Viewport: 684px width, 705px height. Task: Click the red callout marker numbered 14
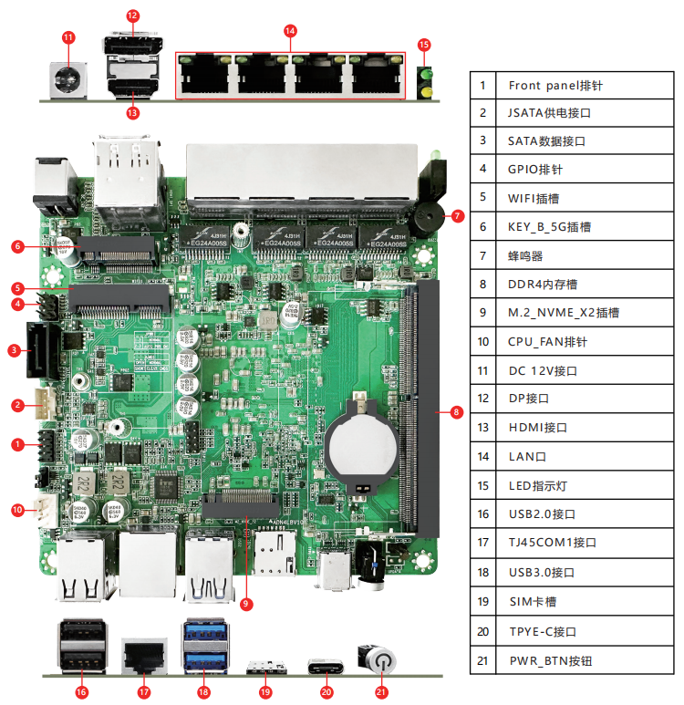coord(290,30)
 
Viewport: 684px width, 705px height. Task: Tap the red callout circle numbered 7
coord(458,216)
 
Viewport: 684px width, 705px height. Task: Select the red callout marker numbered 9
coord(246,603)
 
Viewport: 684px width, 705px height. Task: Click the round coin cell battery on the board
coord(362,445)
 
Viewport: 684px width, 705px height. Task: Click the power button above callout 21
coord(381,659)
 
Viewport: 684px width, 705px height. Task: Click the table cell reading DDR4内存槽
coord(543,284)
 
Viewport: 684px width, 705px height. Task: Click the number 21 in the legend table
coord(483,659)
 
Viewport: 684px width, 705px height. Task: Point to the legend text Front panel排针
coord(555,86)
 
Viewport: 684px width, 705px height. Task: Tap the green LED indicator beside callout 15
coord(423,80)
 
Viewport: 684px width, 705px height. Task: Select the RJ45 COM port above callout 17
coord(144,654)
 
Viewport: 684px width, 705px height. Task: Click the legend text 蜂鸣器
coord(525,255)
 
